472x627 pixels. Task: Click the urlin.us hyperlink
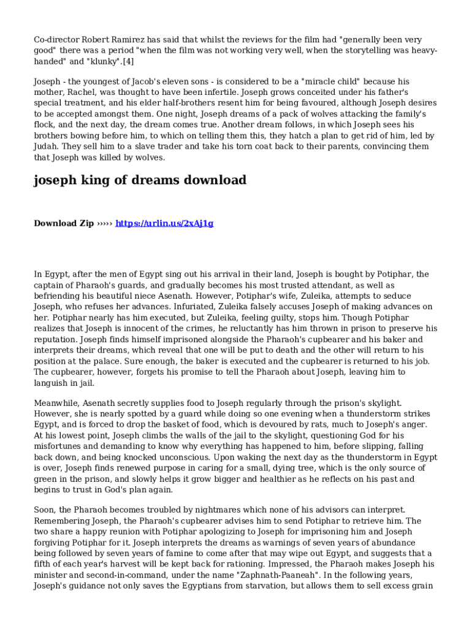[164, 223]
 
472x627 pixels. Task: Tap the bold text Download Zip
[64, 223]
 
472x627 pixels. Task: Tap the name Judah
[47, 146]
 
